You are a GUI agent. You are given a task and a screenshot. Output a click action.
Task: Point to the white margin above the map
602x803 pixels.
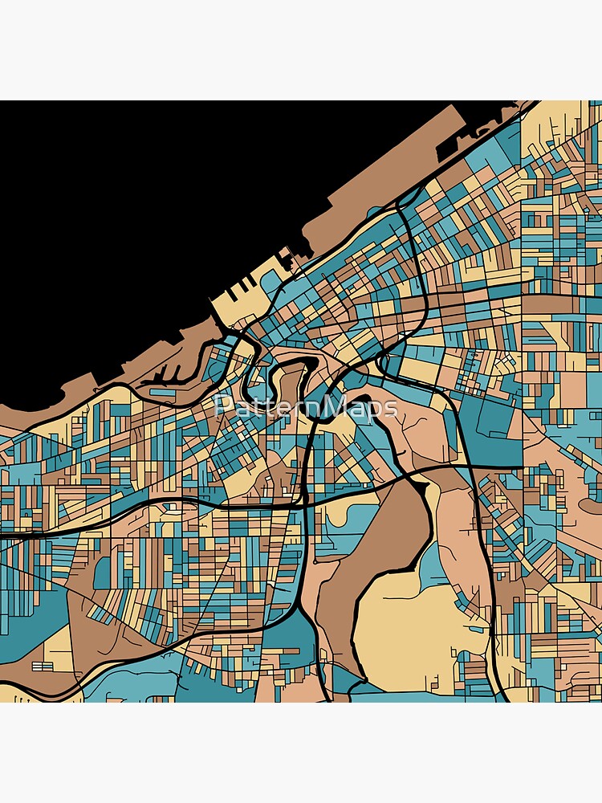[301, 48]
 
